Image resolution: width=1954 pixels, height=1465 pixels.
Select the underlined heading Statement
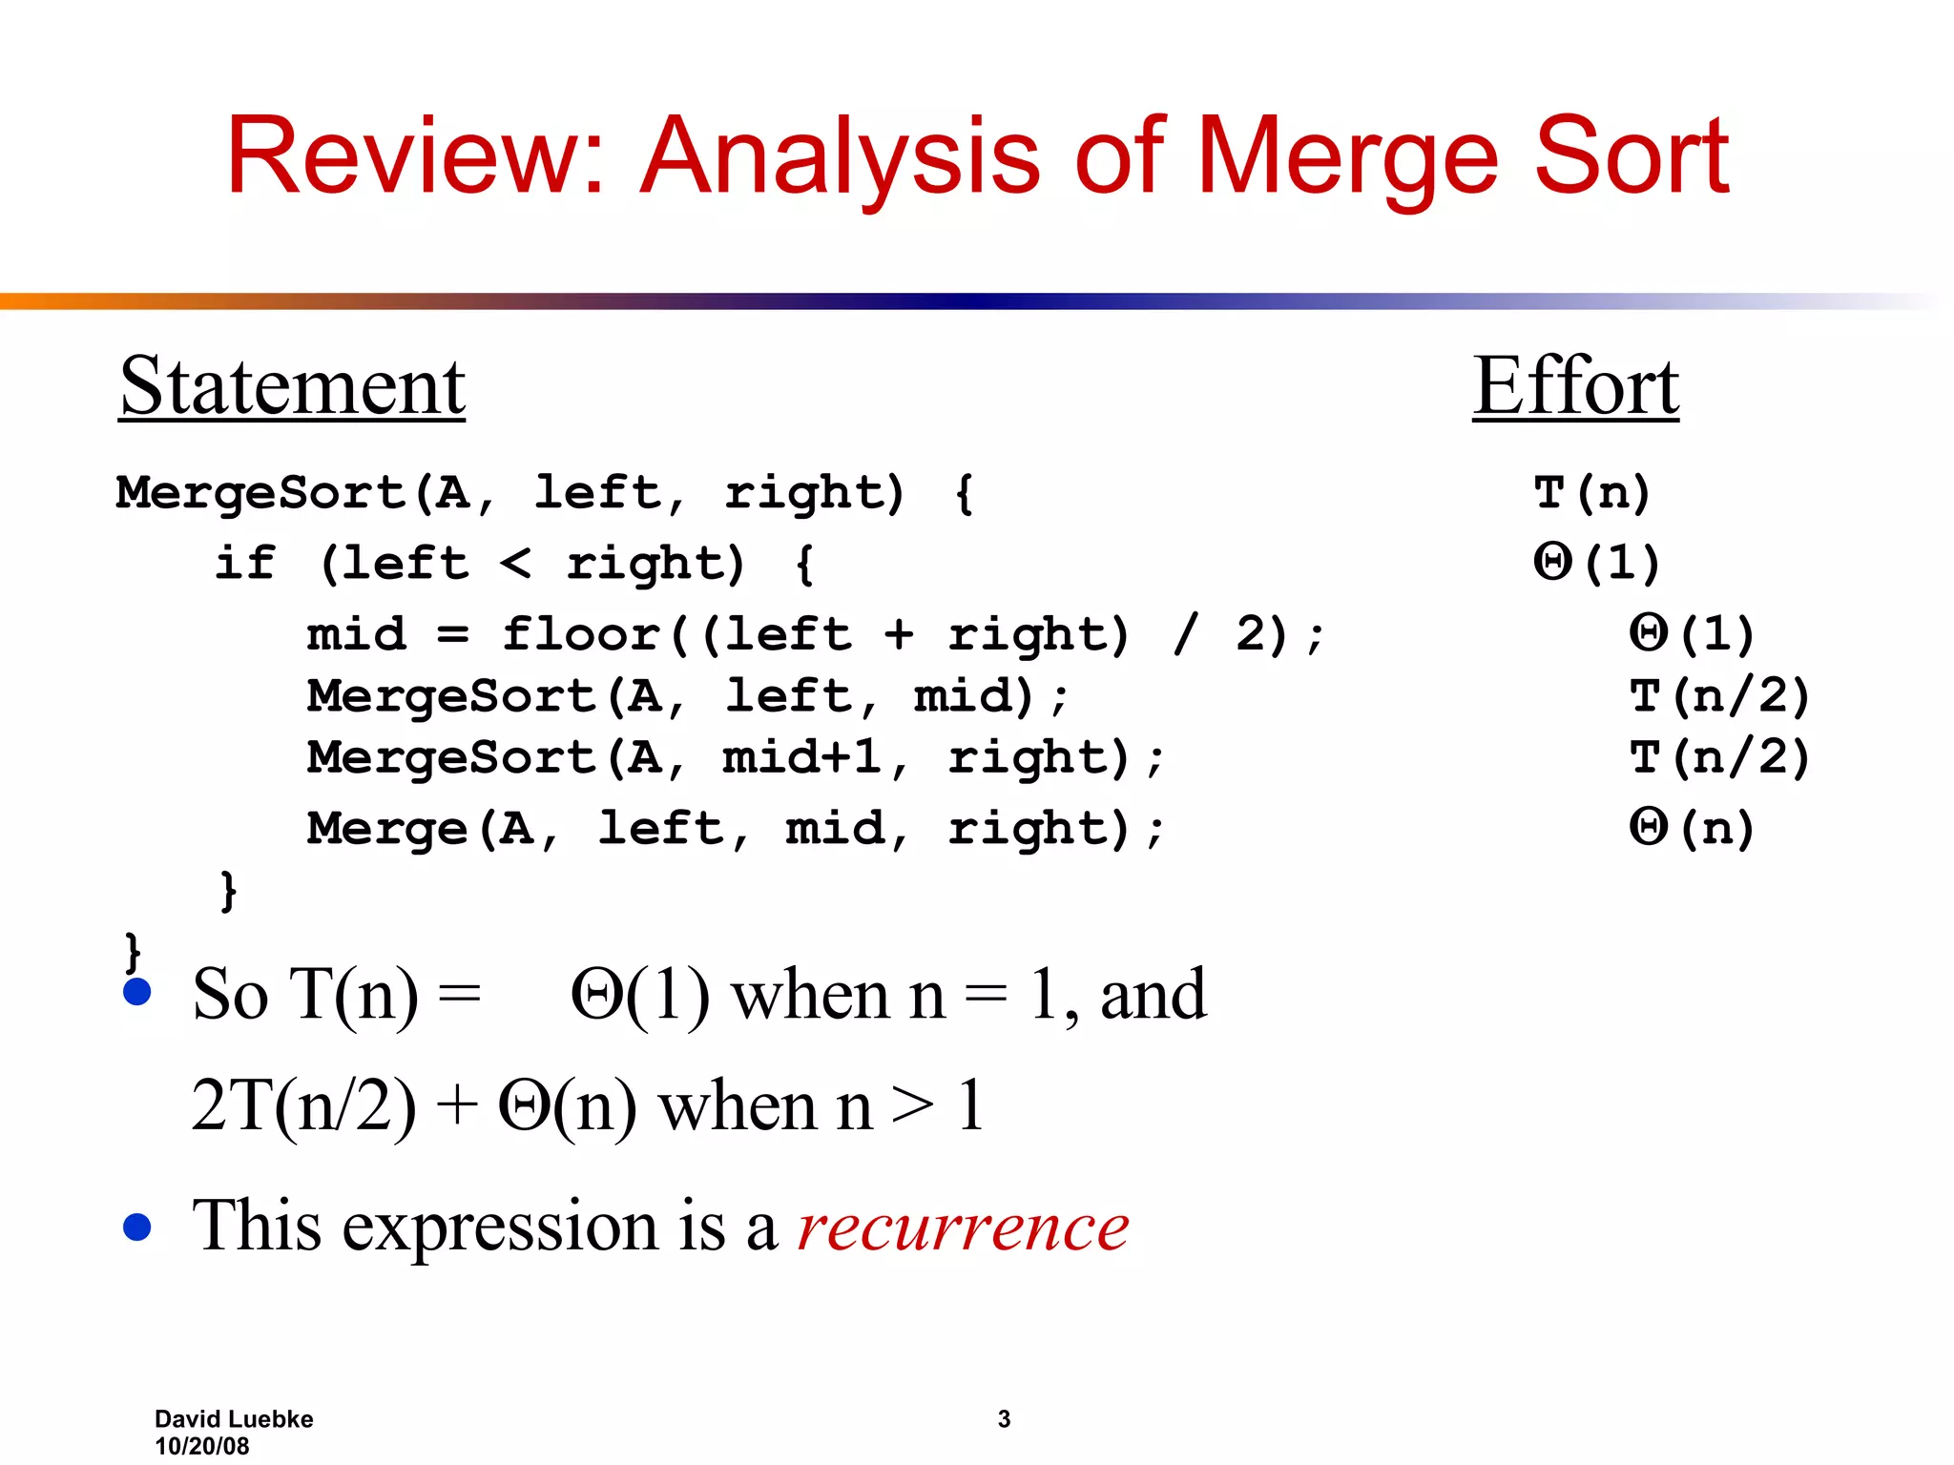pos(292,386)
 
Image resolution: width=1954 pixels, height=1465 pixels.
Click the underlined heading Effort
pos(1575,386)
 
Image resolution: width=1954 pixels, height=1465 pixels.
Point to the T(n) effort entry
pos(1591,493)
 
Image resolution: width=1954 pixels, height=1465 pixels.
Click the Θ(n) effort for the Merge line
pos(1691,827)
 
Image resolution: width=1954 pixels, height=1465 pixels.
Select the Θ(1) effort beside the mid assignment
pos(1691,633)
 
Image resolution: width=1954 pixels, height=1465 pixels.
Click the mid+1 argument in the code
pos(800,757)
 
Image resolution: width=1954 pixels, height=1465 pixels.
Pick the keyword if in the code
pos(244,563)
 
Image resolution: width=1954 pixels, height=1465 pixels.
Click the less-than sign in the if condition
pos(515,563)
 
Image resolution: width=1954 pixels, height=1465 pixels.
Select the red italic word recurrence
pos(963,1227)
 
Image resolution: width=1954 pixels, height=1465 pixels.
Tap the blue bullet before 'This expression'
pos(137,1228)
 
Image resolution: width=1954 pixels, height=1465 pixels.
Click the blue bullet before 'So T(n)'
pos(137,992)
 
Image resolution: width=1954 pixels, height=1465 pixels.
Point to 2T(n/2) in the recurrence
pos(303,1106)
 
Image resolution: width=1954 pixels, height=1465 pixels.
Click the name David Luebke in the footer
pos(234,1419)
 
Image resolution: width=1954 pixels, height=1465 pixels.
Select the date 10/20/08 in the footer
pos(201,1446)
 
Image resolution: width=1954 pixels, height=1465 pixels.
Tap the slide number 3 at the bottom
pos(1004,1419)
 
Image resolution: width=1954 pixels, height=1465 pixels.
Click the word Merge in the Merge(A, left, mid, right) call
pos(386,827)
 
